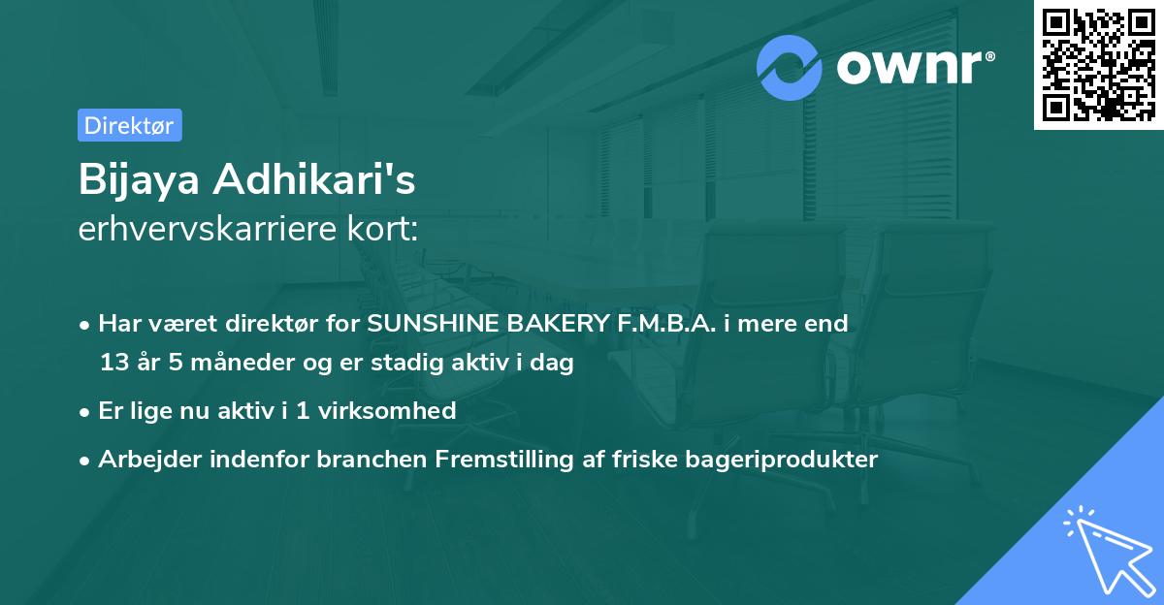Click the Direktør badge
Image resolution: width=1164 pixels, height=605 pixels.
click(x=129, y=125)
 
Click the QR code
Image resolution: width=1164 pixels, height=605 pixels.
click(x=1098, y=64)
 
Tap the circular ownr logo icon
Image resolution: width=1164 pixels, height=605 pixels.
click(x=790, y=68)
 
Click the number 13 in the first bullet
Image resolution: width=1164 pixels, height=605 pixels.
click(x=113, y=363)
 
